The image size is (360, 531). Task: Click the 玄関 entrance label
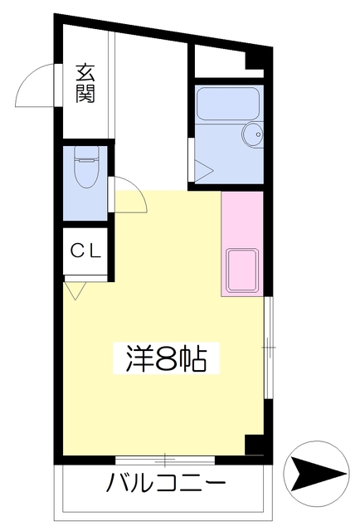click(85, 83)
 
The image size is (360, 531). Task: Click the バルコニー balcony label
click(166, 483)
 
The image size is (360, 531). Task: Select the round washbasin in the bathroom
click(251, 134)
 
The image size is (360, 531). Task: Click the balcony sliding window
click(165, 460)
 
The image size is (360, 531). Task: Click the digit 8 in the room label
click(166, 359)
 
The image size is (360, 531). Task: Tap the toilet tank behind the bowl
click(85, 153)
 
